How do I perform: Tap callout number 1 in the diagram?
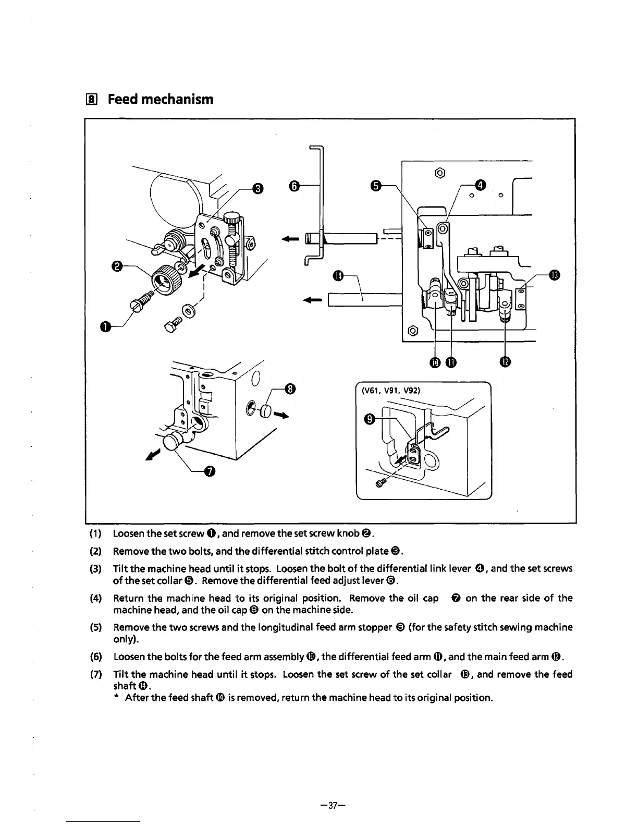(x=105, y=326)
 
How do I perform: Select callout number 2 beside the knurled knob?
(x=118, y=266)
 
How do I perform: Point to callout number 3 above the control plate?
(x=256, y=188)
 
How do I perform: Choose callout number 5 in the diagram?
(x=376, y=186)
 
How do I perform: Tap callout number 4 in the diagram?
(x=481, y=185)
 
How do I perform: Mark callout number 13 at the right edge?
(x=554, y=275)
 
